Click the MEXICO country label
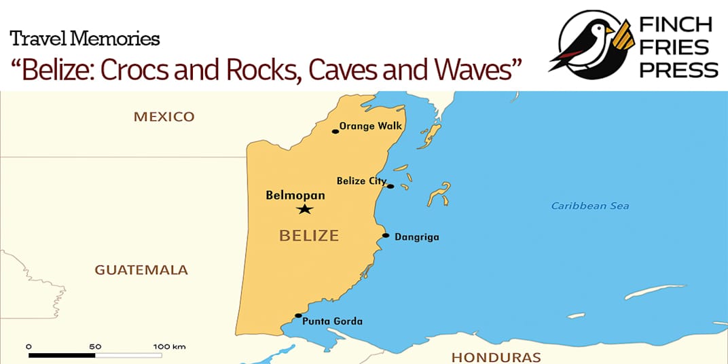[x=164, y=117]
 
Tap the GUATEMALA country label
[x=141, y=270]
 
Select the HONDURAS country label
[x=496, y=357]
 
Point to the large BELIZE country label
[x=309, y=236]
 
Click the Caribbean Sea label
[x=589, y=206]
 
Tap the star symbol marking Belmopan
[x=305, y=210]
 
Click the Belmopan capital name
[x=295, y=196]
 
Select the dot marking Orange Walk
[x=335, y=131]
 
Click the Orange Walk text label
[x=371, y=126]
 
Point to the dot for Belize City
[x=390, y=186]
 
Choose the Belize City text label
[x=361, y=181]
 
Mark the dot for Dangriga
[x=386, y=236]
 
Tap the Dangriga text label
[x=417, y=237]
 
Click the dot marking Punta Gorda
[x=298, y=316]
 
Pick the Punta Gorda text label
[x=332, y=321]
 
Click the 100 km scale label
[x=169, y=346]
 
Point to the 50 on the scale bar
[x=95, y=346]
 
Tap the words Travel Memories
[x=85, y=39]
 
